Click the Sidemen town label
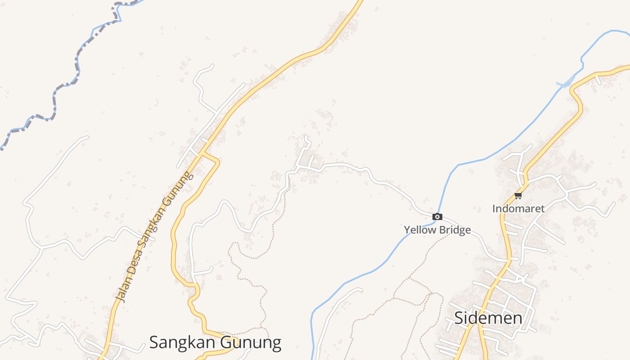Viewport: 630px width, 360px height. click(x=488, y=318)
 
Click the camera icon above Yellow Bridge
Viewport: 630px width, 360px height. click(x=437, y=217)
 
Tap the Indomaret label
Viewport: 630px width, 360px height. click(x=518, y=209)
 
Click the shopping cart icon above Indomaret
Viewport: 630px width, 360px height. click(x=518, y=196)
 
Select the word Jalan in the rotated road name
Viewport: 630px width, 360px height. click(x=121, y=289)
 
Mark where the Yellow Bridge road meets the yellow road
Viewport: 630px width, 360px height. click(x=508, y=260)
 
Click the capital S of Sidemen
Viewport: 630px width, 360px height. click(x=459, y=318)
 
